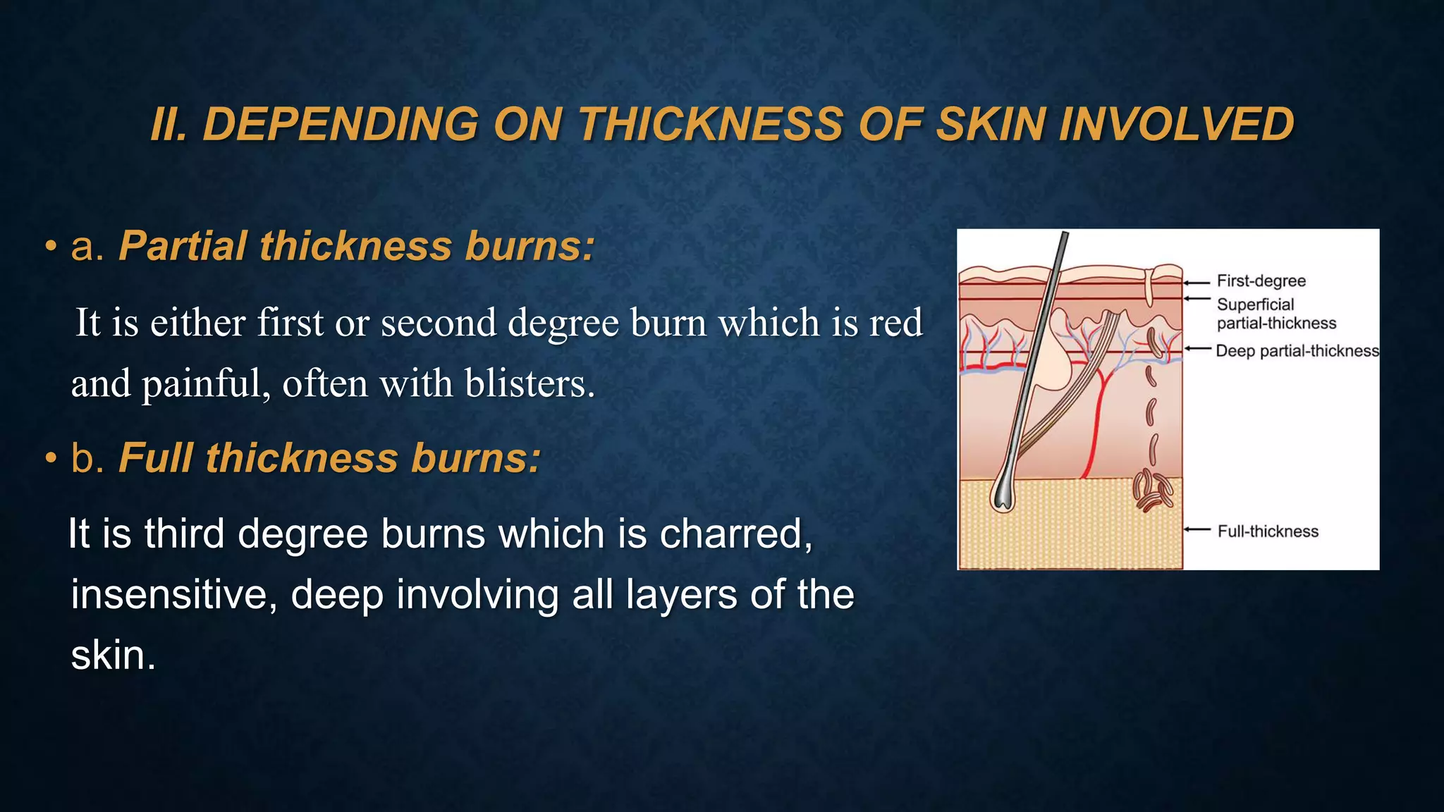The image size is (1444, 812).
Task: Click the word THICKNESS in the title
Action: (x=710, y=125)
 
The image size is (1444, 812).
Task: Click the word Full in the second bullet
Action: (x=155, y=458)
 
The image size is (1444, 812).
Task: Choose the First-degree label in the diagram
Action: (x=1261, y=281)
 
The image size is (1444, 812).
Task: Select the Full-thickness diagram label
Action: (x=1268, y=531)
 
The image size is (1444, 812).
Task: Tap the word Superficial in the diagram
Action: (x=1255, y=304)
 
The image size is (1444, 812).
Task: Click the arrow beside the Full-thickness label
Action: (x=1197, y=529)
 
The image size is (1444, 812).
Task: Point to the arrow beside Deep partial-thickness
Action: (x=1197, y=348)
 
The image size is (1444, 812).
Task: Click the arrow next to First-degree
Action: (x=1197, y=282)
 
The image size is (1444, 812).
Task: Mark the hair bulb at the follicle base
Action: (x=1002, y=496)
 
